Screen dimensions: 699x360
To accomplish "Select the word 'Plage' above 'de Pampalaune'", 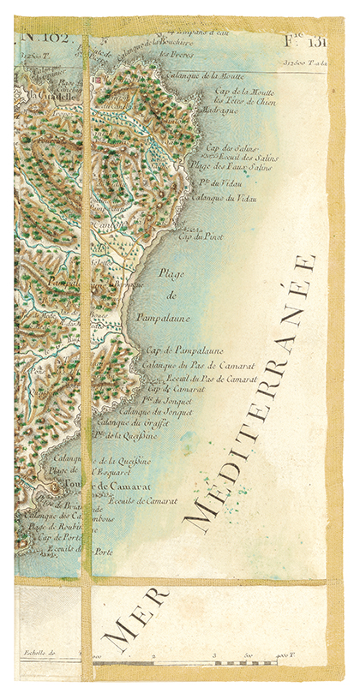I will coord(172,273).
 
